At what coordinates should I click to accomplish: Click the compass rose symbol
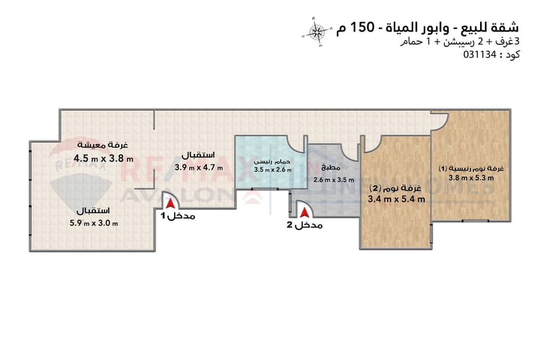(316, 32)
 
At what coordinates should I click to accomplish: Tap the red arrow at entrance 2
(304, 213)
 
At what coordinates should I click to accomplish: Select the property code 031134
(479, 55)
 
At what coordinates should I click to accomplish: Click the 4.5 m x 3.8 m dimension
(103, 158)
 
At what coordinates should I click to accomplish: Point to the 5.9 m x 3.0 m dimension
(94, 223)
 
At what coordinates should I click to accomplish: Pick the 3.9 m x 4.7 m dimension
(199, 168)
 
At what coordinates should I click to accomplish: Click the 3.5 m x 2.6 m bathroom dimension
(273, 170)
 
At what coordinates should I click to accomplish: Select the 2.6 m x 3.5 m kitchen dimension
(334, 180)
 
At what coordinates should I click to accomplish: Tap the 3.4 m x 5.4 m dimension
(397, 199)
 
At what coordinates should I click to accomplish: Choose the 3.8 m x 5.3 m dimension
(471, 178)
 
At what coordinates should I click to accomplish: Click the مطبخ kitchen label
(331, 167)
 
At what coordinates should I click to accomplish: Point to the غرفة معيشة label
(103, 145)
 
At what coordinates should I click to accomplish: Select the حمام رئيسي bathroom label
(272, 161)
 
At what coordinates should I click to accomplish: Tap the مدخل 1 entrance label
(178, 217)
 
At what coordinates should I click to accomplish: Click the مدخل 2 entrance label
(305, 226)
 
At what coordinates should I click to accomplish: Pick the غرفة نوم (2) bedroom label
(395, 188)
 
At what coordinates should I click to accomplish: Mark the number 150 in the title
(362, 27)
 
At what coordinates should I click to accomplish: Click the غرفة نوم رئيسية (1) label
(471, 169)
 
